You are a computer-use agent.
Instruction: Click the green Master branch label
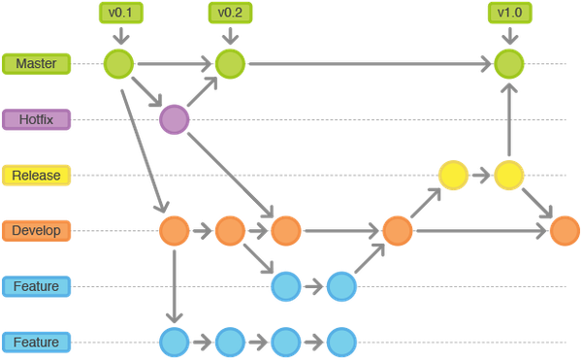[36, 64]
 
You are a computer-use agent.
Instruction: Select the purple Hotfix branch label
[36, 119]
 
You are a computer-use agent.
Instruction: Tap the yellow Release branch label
[36, 176]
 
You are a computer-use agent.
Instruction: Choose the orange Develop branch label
[36, 231]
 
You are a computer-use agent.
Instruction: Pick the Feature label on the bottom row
[36, 342]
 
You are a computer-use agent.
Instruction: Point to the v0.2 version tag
[229, 13]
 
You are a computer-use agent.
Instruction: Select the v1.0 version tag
[507, 13]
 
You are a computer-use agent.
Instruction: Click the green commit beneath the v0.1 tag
[118, 64]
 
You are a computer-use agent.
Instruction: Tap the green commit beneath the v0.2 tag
[230, 64]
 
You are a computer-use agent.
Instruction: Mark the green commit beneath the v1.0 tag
[508, 64]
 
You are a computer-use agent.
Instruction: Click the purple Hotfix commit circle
[174, 119]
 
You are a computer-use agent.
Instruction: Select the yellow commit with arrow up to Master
[508, 176]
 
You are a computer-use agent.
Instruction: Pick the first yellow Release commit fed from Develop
[452, 176]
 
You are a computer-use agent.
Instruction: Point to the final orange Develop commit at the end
[564, 231]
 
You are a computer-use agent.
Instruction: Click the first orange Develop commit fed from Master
[174, 231]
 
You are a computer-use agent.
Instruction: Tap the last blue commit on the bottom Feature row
[340, 342]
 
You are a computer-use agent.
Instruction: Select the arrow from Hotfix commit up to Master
[202, 92]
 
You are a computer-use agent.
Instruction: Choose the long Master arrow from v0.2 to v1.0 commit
[369, 64]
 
